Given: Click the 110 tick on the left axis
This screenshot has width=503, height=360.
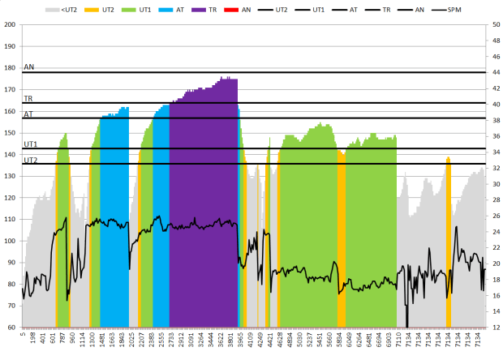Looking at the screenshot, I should pos(10,220).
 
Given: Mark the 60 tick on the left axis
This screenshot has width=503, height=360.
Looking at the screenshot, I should pos(11,328).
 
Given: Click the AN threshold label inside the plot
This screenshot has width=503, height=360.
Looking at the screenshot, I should pos(29,67).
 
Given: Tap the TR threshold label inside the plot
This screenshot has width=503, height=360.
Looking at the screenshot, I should pos(28,98).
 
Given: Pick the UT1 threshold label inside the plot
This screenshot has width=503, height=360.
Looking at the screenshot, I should pos(31,144).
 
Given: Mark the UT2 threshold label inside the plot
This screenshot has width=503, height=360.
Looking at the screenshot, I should pos(31,160).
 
